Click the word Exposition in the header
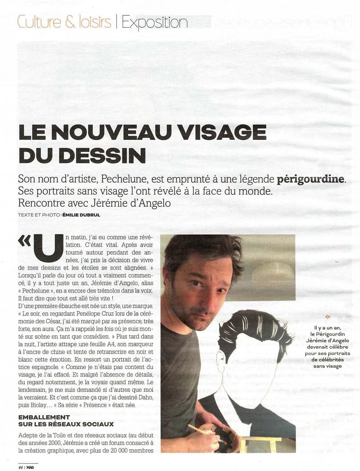point(154,22)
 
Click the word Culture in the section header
point(35,22)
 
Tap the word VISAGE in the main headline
point(222,132)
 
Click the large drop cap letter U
point(48,249)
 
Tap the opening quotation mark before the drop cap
point(24,241)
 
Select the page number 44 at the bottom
point(21,466)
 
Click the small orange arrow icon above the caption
point(328,316)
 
